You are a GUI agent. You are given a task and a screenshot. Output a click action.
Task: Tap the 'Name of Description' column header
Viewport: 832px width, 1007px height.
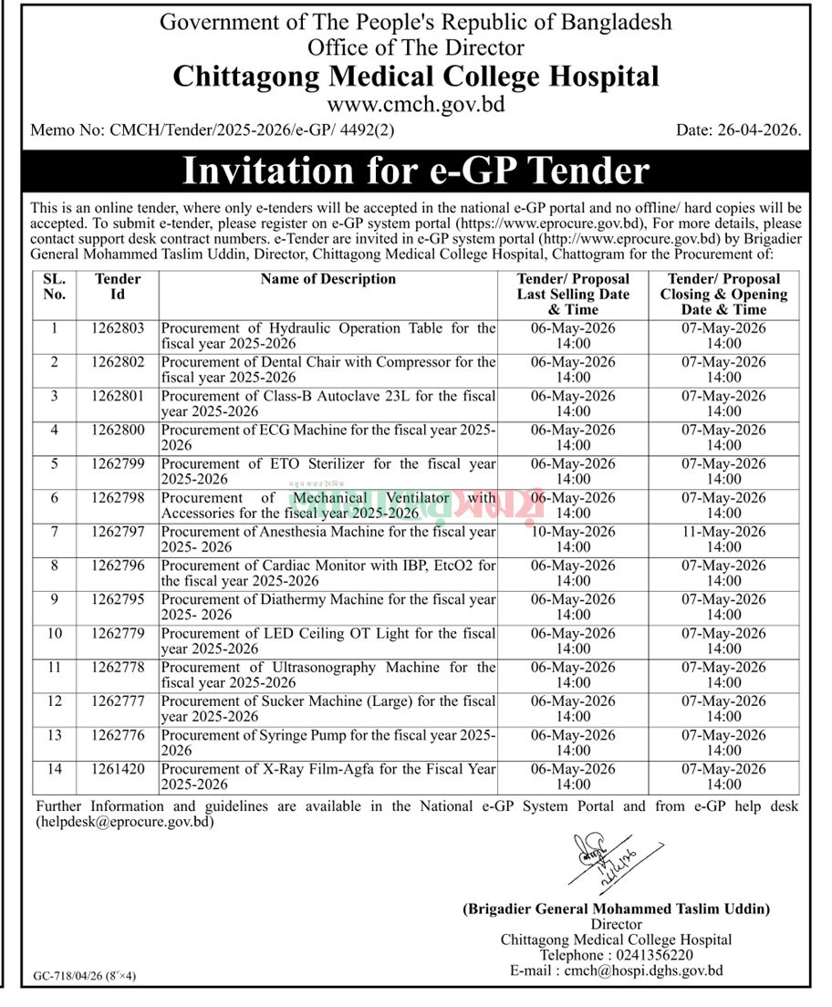click(x=328, y=279)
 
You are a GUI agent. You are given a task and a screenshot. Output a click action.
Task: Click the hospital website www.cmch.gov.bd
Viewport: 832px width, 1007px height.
click(x=416, y=104)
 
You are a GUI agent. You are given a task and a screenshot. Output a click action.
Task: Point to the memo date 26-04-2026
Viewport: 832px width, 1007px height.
click(x=739, y=131)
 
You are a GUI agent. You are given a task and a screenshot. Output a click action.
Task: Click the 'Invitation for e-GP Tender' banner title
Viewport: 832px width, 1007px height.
click(x=416, y=171)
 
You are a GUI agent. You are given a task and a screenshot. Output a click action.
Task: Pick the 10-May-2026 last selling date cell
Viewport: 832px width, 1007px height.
click(x=573, y=539)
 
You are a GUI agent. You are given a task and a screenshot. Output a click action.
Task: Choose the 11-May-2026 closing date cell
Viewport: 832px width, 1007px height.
click(x=723, y=539)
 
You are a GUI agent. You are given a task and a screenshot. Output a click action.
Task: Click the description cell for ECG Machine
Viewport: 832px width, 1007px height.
click(x=328, y=437)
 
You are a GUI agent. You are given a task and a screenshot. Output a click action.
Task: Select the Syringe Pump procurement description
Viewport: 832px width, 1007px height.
click(x=328, y=742)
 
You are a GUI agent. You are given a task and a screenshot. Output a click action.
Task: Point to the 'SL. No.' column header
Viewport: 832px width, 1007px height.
click(x=54, y=286)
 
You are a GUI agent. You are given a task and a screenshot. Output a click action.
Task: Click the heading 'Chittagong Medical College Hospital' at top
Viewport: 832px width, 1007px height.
click(x=416, y=76)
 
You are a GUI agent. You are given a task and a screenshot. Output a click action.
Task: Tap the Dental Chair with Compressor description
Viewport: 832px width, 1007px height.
click(x=328, y=369)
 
